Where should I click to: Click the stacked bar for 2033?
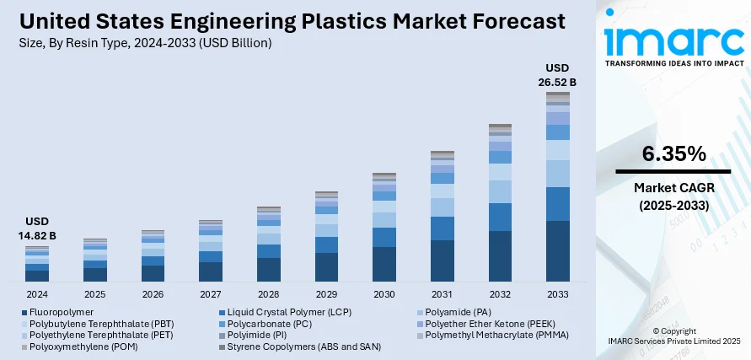pos(558,186)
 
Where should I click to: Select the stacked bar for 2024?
pos(37,264)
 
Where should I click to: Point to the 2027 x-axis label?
pos(211,294)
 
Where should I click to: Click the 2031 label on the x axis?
pos(442,294)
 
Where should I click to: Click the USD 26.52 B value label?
pos(558,75)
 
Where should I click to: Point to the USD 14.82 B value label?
pos(37,228)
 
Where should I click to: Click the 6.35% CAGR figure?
pos(673,153)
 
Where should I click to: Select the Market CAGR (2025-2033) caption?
pos(673,196)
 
